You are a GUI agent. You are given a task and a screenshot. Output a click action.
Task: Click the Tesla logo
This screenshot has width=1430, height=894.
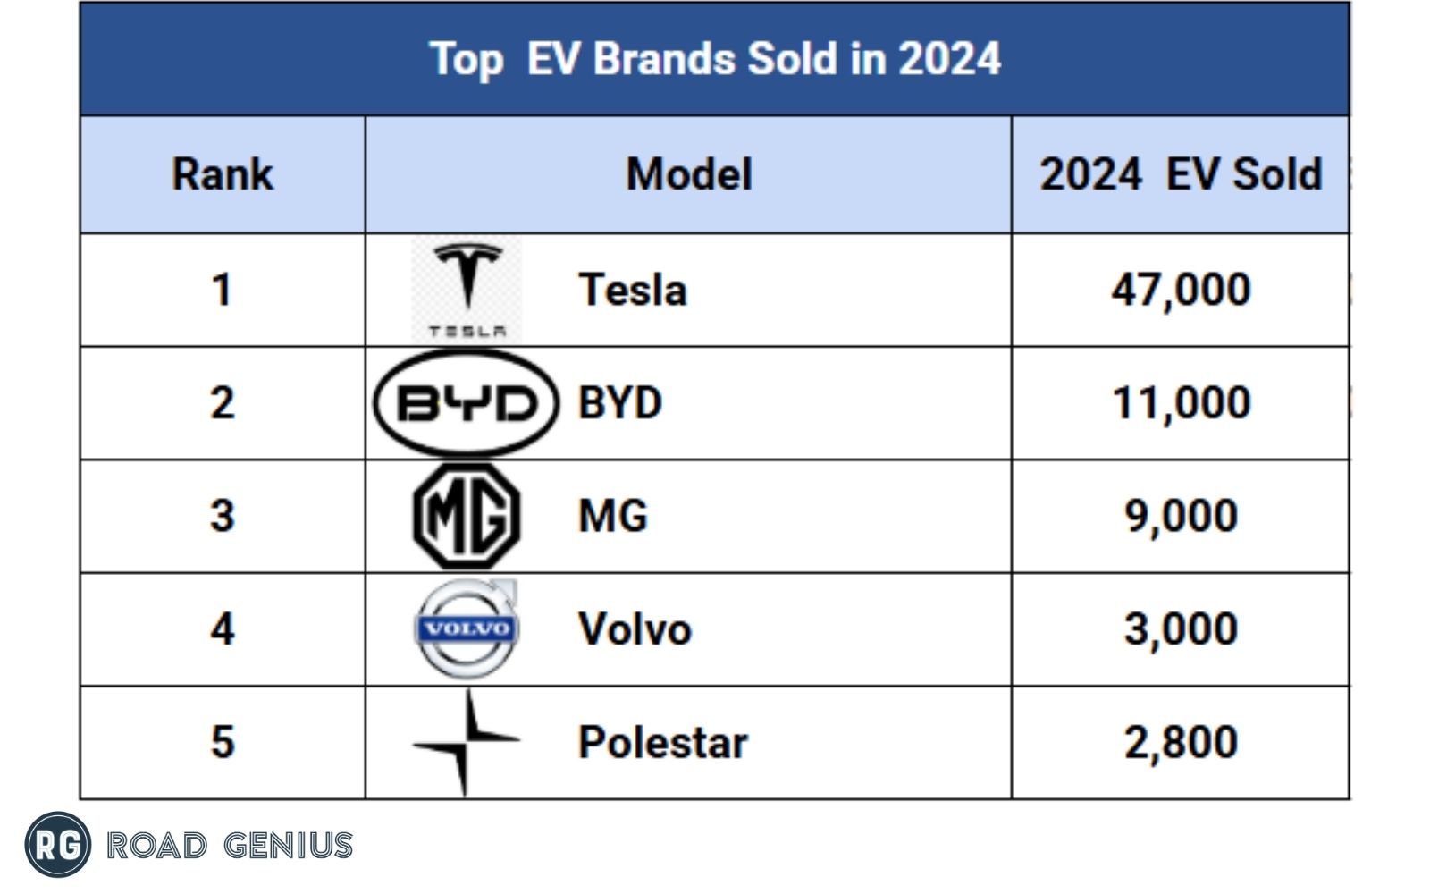click(x=467, y=289)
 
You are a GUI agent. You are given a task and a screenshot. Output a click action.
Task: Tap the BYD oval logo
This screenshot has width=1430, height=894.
click(x=466, y=403)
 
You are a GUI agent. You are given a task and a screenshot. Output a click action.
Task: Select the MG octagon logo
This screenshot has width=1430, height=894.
click(x=467, y=516)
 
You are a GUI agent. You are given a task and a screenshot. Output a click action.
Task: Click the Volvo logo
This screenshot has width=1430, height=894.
click(x=467, y=628)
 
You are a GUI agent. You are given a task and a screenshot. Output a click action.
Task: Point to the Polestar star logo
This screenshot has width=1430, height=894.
click(x=466, y=741)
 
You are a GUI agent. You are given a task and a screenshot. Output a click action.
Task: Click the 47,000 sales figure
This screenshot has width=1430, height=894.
click(x=1181, y=290)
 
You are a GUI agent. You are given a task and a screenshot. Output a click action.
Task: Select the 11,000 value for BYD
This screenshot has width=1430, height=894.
click(x=1181, y=403)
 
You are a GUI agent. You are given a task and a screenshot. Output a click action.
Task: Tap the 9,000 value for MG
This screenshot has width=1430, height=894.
click(x=1181, y=516)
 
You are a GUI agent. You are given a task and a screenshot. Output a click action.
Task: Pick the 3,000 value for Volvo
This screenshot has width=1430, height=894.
click(x=1181, y=628)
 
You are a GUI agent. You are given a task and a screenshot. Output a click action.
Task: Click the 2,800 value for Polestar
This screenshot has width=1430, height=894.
click(x=1181, y=742)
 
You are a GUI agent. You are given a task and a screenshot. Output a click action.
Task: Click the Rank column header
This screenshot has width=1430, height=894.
click(x=223, y=174)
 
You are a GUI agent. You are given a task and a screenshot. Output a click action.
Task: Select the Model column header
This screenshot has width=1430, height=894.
click(x=689, y=174)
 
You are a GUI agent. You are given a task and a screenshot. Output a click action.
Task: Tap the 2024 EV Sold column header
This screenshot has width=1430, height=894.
click(x=1181, y=174)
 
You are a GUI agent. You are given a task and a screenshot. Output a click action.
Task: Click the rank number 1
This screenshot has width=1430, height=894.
click(x=222, y=290)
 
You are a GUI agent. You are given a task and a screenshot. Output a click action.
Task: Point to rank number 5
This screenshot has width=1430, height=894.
click(x=222, y=742)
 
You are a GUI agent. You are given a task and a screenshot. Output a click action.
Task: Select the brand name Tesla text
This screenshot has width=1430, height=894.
click(x=633, y=290)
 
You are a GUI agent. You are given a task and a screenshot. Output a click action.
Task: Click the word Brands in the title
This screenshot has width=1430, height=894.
click(x=665, y=59)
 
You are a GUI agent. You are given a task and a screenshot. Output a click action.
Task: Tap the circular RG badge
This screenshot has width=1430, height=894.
click(x=58, y=844)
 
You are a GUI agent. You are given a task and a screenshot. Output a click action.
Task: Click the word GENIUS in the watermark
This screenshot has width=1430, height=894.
click(x=288, y=845)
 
